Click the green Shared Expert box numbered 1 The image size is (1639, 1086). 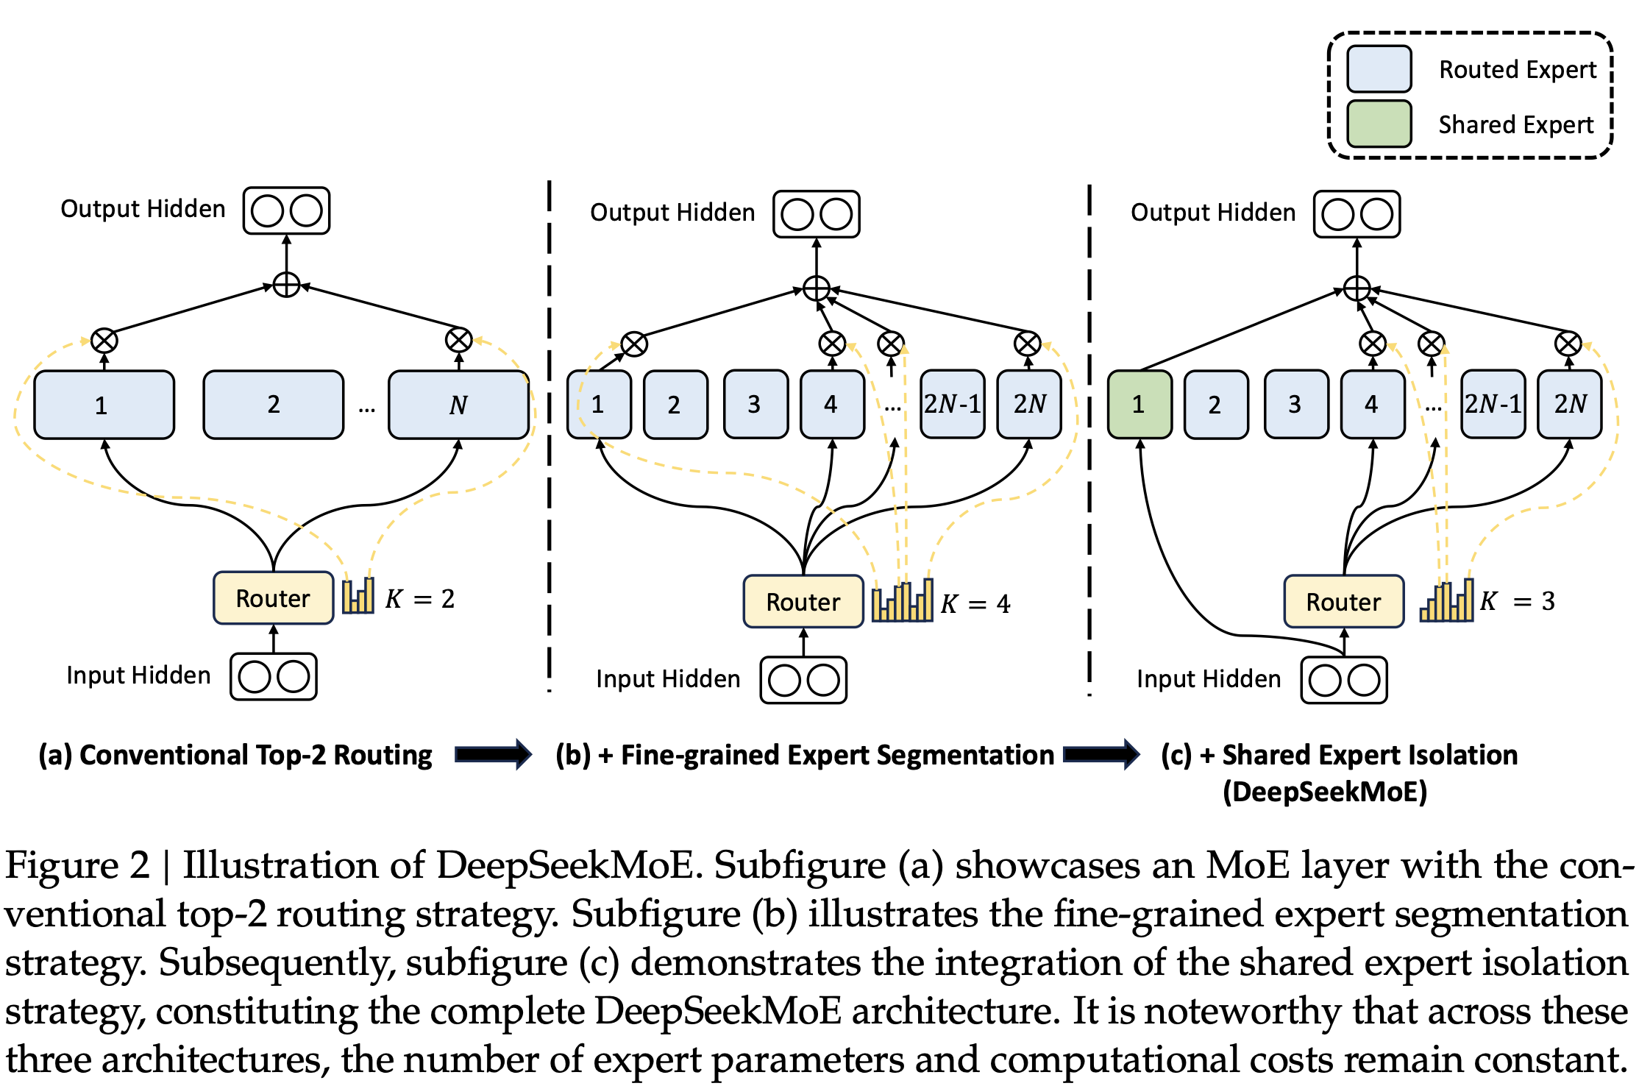(x=1140, y=405)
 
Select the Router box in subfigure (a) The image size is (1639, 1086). (x=273, y=598)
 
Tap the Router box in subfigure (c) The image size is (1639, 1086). (x=1343, y=602)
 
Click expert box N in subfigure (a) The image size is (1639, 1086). (x=458, y=405)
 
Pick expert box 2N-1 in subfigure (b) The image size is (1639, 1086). (x=952, y=404)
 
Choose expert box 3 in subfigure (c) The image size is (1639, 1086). (x=1296, y=405)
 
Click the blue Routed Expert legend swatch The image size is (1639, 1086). (x=1379, y=69)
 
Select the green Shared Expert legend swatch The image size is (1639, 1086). (x=1379, y=124)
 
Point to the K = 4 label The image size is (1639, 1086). (x=975, y=604)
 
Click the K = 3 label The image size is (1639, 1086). (x=1518, y=601)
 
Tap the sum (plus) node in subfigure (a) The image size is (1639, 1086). (x=286, y=285)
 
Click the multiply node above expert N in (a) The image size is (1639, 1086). (x=459, y=340)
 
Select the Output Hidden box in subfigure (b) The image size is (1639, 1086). (x=817, y=214)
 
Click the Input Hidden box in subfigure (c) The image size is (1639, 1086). (x=1344, y=680)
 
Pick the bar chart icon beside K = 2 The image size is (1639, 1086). (x=358, y=595)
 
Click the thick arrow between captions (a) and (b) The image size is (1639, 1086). (x=493, y=754)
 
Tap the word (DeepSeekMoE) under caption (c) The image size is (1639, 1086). (x=1325, y=792)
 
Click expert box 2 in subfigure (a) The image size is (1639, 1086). (x=274, y=405)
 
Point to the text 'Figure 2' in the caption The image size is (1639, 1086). (x=77, y=865)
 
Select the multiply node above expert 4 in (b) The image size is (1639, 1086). (x=832, y=344)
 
